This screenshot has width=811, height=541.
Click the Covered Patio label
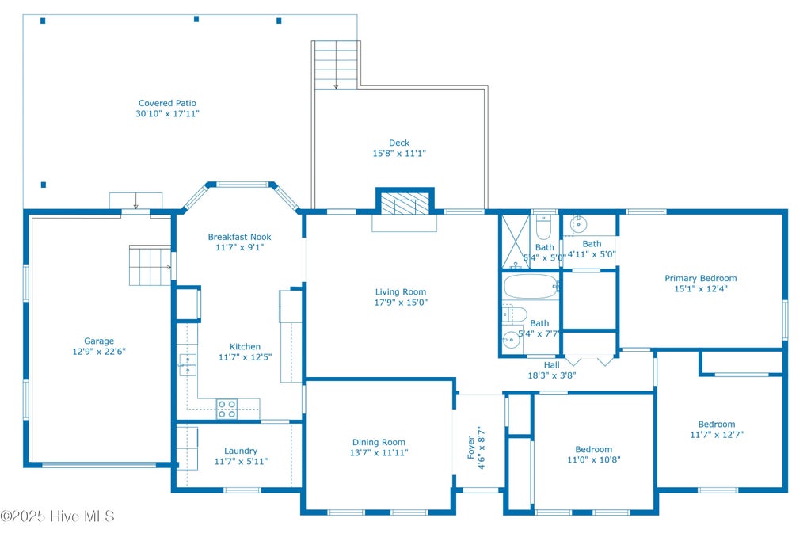tap(167, 103)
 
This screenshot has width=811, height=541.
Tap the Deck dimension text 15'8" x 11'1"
tap(399, 153)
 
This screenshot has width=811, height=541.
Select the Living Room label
tap(400, 291)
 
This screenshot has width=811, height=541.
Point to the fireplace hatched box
tap(405, 202)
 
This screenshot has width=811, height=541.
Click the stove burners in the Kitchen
tap(227, 409)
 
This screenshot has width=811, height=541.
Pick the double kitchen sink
tap(187, 364)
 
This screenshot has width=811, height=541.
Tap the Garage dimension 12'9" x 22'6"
tap(99, 352)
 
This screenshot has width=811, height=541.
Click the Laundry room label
tap(241, 451)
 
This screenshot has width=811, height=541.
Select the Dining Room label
tap(379, 442)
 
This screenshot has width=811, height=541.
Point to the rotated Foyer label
tap(470, 448)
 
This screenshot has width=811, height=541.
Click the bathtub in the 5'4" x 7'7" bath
tap(531, 286)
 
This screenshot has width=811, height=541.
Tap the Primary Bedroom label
tap(700, 278)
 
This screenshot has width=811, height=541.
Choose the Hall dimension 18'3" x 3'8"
tap(551, 375)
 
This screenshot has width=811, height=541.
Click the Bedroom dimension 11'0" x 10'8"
tap(593, 459)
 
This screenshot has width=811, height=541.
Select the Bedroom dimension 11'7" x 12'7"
tap(716, 435)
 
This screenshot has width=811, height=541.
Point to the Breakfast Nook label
tap(239, 237)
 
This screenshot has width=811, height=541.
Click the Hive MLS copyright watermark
tap(57, 516)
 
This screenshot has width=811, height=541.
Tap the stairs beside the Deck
tap(336, 65)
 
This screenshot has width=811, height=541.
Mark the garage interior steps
tap(150, 265)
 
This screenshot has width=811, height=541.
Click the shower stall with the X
tap(516, 242)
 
